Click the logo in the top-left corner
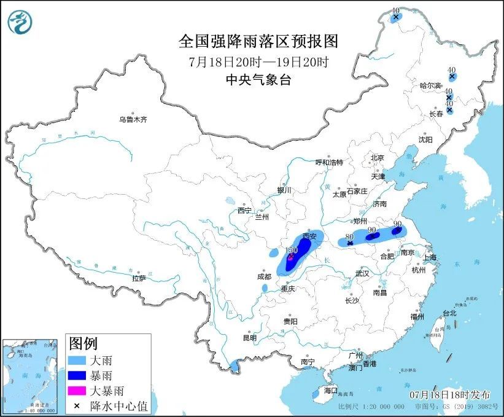[20, 21]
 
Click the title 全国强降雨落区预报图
[258, 41]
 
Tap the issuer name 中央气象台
[258, 79]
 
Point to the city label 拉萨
[139, 278]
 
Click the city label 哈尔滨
[430, 85]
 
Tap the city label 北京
[377, 158]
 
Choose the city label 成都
[265, 276]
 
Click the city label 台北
[449, 313]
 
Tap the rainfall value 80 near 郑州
[349, 236]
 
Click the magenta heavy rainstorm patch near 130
[290, 259]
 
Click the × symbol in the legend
[78, 405]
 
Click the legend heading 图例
[83, 343]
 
